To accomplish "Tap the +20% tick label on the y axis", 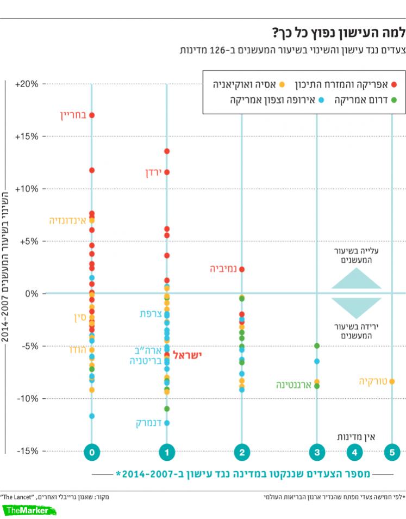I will pos(27,84).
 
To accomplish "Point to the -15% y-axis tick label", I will pos(27,451).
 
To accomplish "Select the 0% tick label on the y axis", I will pos(30,294).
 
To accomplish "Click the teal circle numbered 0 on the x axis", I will pos(92,452).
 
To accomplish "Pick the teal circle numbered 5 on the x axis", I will pos(391,452).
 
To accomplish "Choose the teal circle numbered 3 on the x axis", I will pos(317,452).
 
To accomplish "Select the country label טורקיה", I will pos(373,381).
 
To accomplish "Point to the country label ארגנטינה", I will pos(293,385).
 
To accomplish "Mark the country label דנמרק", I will pos(149,423).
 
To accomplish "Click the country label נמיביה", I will pos(223,269).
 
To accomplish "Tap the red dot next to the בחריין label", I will pos(92,115).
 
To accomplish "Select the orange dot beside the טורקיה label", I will pos(392,381).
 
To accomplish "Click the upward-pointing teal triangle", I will pos(357,280).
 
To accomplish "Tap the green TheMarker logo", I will pos(30,510).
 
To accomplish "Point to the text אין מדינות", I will pos(356,436).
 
